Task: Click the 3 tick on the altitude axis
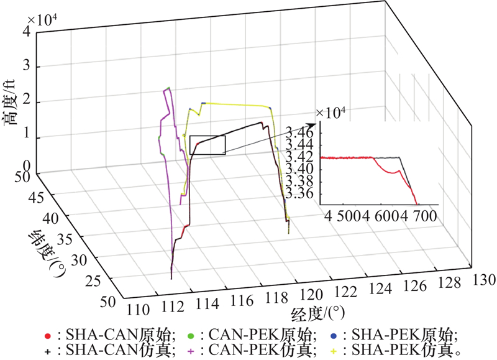[27, 67]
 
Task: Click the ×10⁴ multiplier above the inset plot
[330, 113]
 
